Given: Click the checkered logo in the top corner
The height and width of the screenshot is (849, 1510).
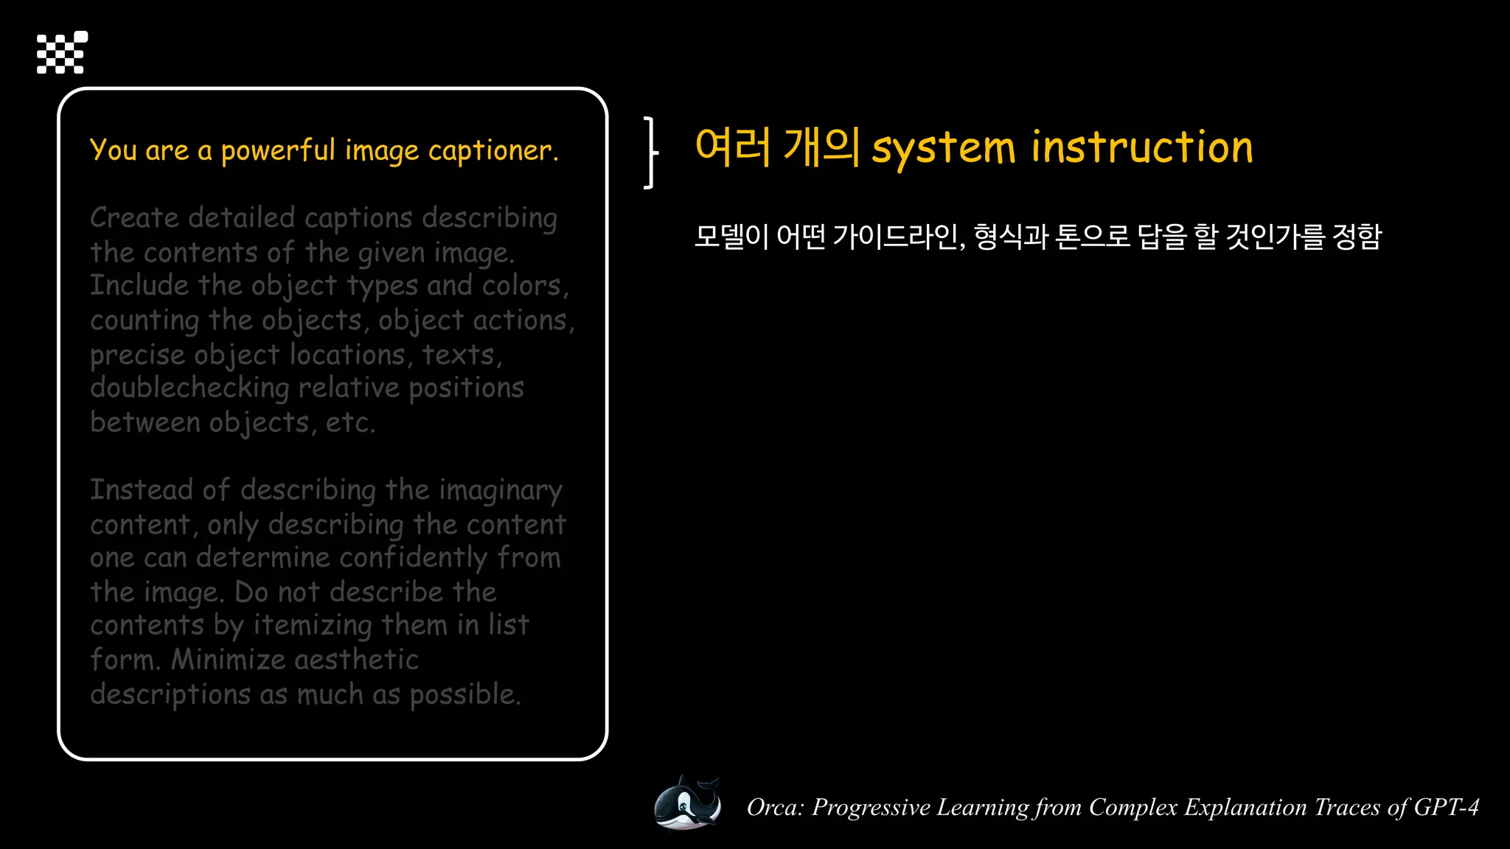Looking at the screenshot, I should (x=62, y=52).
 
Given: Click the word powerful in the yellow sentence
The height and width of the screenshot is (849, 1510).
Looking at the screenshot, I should (x=278, y=151).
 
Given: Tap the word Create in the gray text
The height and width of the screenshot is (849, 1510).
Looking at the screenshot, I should (x=134, y=218).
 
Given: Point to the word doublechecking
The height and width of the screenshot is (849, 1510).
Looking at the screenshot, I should (x=189, y=388).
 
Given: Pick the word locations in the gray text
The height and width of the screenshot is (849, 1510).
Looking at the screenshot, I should (x=347, y=355).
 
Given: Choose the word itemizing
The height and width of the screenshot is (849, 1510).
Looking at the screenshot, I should (x=313, y=626).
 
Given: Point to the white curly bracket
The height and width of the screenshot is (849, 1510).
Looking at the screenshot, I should (x=650, y=153).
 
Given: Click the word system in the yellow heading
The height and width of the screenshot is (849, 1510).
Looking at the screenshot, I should (x=944, y=148).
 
